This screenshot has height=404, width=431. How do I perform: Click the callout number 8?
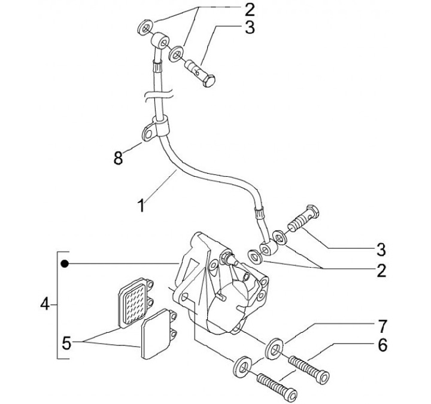click(x=118, y=158)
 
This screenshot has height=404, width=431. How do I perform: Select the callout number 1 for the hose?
click(x=141, y=206)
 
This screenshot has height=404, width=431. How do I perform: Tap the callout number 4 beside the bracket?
click(x=45, y=304)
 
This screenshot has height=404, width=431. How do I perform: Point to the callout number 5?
click(x=67, y=343)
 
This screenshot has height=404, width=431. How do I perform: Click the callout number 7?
click(x=382, y=326)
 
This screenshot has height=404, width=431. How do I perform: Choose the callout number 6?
click(x=383, y=345)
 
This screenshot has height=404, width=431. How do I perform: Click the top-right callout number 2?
click(x=250, y=10)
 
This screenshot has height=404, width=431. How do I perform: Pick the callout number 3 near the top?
click(x=250, y=27)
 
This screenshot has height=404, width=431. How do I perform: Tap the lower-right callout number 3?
click(x=381, y=250)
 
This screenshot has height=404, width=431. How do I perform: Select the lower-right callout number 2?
click(x=381, y=270)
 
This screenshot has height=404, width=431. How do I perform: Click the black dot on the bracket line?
click(x=65, y=264)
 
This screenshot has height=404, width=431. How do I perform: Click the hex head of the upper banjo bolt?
click(x=209, y=81)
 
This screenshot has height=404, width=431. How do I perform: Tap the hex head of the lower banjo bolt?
click(x=312, y=212)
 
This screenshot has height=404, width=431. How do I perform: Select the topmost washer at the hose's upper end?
click(x=145, y=27)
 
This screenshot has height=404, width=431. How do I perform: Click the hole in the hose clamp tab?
click(x=148, y=134)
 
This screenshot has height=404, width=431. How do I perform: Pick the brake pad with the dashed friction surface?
click(x=135, y=303)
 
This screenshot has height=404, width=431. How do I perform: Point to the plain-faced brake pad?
click(x=158, y=333)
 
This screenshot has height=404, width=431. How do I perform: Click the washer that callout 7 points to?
click(x=274, y=349)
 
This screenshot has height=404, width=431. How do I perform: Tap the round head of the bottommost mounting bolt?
click(x=291, y=394)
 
